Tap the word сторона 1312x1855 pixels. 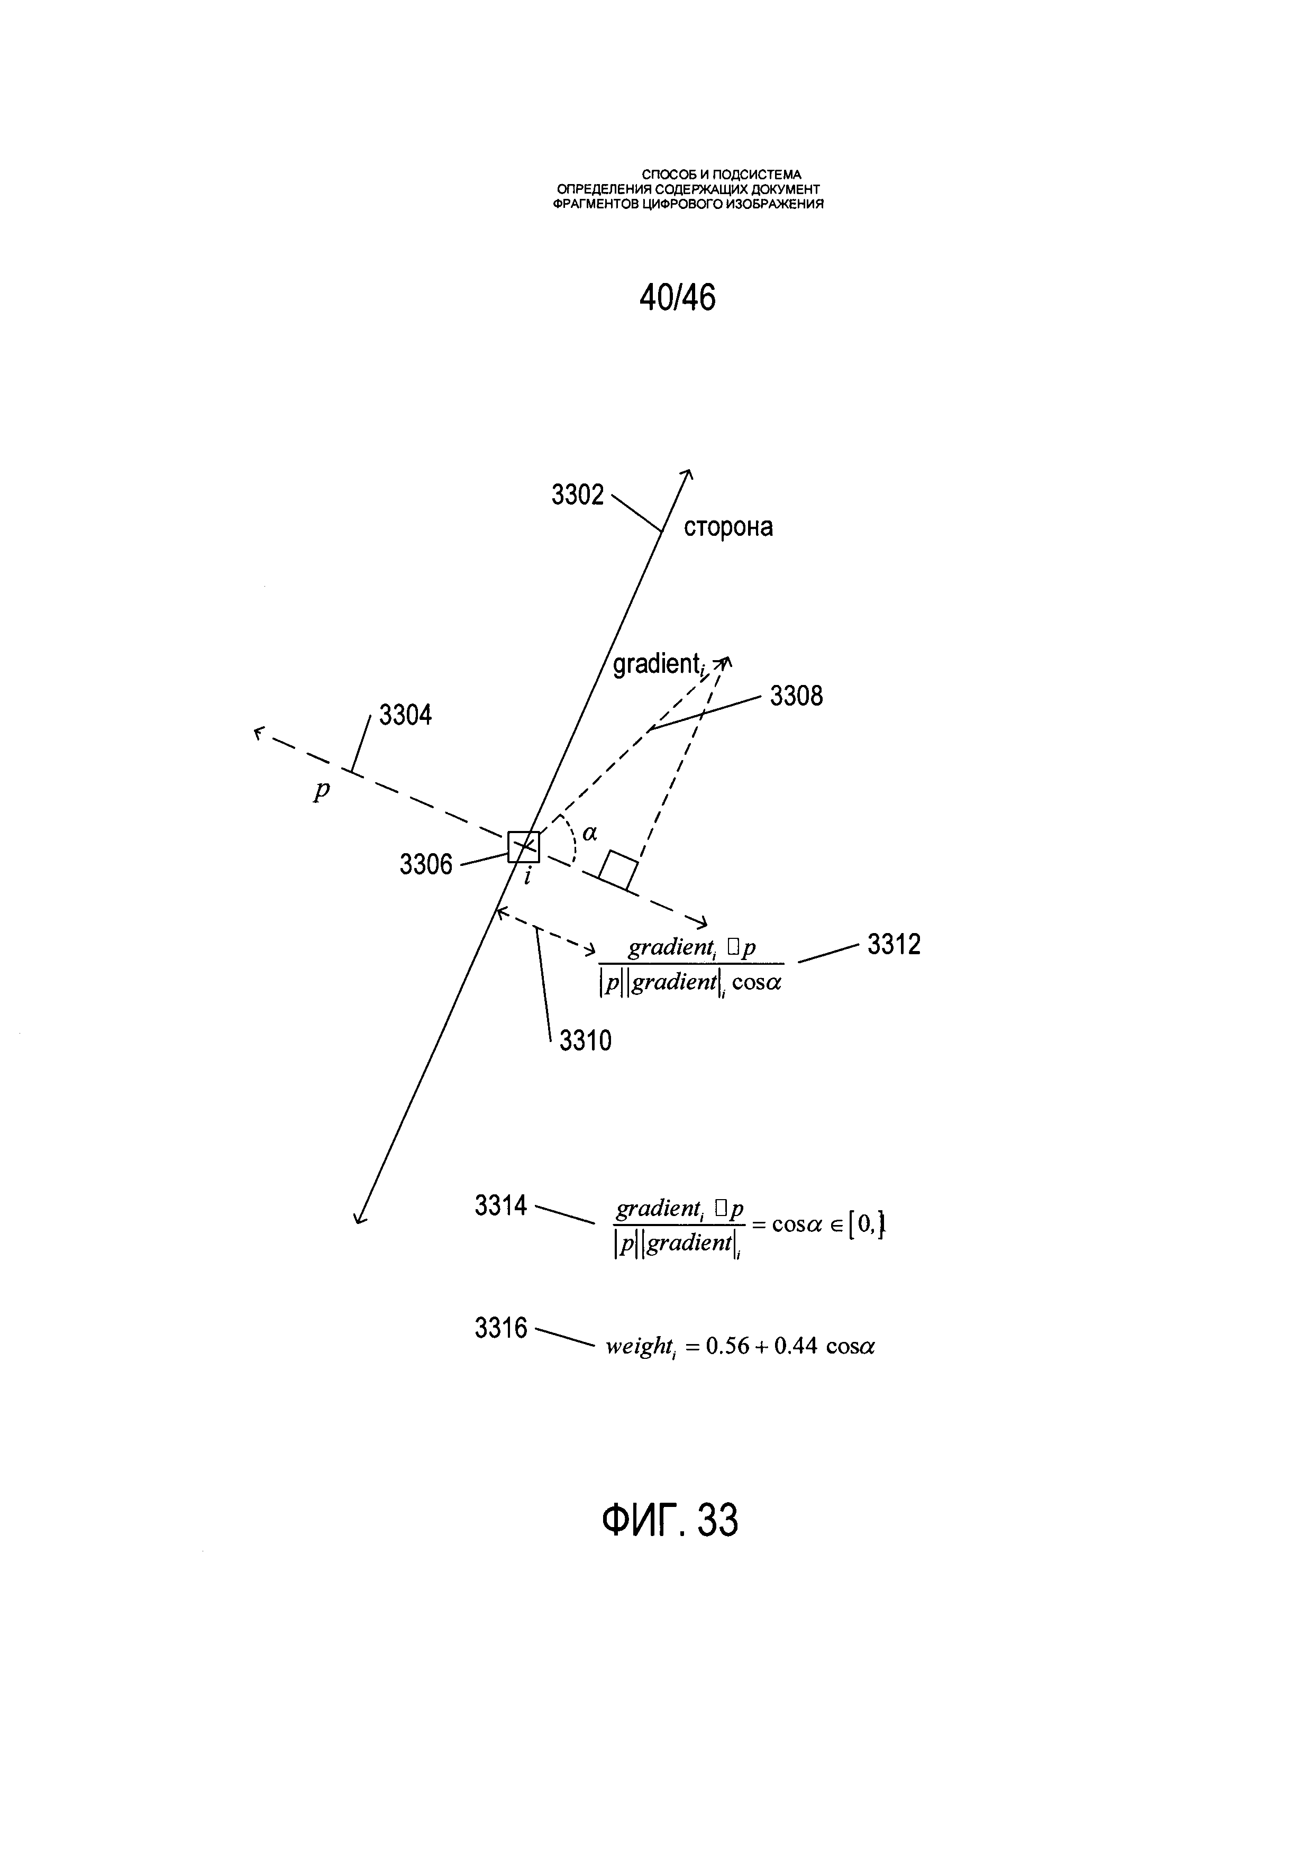(x=728, y=527)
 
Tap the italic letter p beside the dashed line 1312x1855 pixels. (x=322, y=790)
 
